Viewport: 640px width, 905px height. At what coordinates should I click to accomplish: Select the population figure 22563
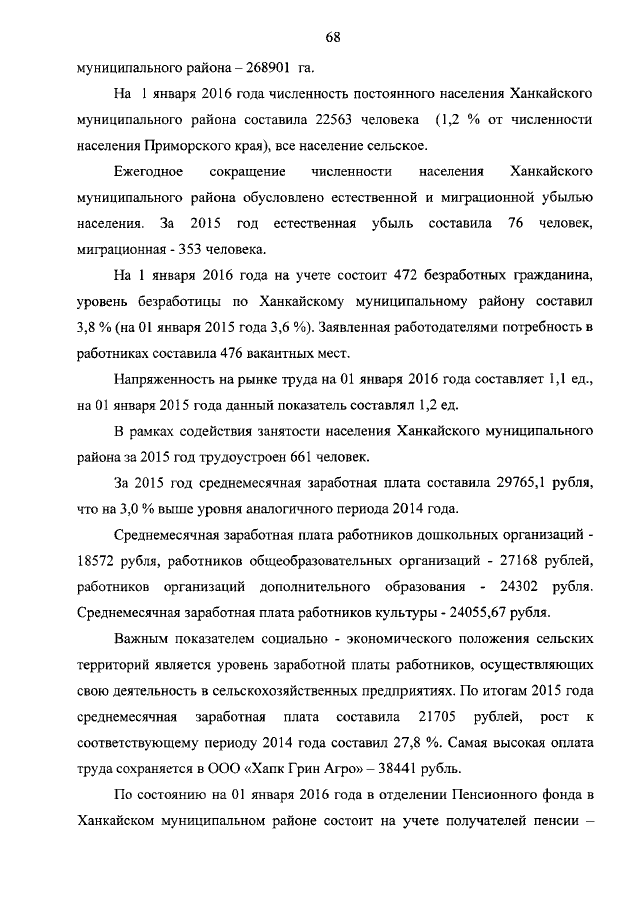pos(343,121)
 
